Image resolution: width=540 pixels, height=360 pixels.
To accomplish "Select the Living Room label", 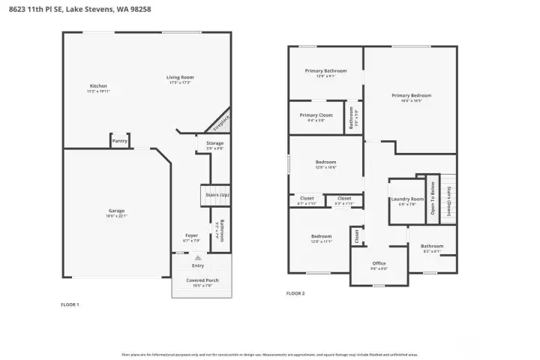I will pos(180,77).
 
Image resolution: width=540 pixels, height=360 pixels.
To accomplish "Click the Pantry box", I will pos(119,140).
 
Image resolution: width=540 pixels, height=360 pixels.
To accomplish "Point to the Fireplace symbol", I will pos(219,122).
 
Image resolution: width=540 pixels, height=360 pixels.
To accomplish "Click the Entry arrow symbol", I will pos(198,257).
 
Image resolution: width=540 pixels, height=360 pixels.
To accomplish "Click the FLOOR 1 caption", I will pos(70,304).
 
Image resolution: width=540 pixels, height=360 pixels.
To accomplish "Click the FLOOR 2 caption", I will pos(295,293).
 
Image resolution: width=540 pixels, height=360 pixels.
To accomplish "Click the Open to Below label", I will pos(433,198).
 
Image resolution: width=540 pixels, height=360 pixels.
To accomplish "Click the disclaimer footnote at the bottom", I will pos(269,354).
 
